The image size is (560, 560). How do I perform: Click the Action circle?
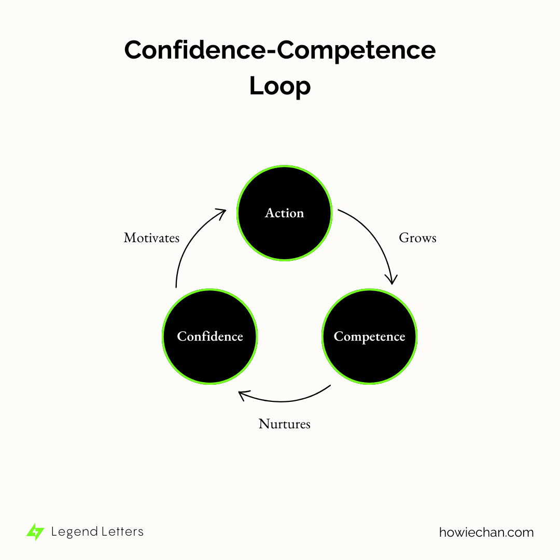[284, 213]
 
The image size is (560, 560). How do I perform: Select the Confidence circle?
[210, 337]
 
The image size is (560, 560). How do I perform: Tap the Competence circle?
[369, 337]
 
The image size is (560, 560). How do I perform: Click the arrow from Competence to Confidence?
[285, 401]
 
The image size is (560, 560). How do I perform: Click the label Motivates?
[151, 238]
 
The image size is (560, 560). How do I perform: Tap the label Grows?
[417, 238]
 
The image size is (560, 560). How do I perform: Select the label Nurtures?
[284, 424]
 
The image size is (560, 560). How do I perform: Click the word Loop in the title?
[280, 86]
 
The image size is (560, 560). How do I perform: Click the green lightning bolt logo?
[35, 532]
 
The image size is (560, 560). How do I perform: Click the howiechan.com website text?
[486, 532]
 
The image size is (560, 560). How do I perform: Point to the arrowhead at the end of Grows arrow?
[393, 279]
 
